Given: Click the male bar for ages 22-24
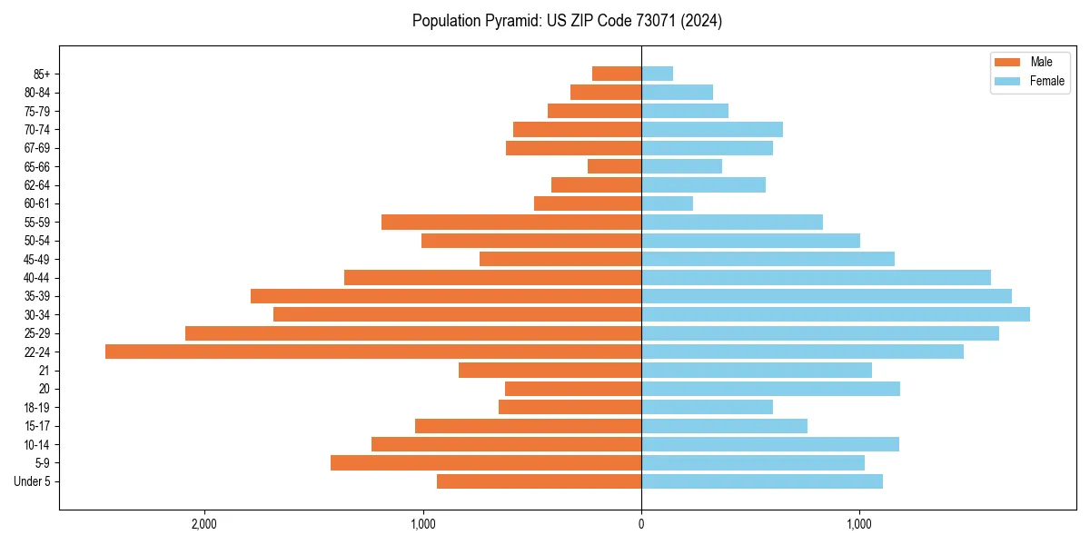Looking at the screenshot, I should [373, 352].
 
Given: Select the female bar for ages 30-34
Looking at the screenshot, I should [836, 314].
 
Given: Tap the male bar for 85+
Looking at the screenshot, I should [617, 74].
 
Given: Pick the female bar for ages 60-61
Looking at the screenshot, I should [668, 203].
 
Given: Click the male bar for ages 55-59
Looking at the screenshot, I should [511, 222].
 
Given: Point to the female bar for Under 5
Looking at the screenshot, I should [762, 481].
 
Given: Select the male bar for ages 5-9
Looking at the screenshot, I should [486, 462].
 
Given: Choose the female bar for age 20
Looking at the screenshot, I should [771, 389].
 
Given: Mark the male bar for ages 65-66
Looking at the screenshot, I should [614, 166].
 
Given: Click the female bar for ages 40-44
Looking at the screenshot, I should [817, 277].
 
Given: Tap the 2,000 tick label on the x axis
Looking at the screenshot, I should [203, 524].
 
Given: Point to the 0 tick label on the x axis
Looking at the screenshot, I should [641, 524].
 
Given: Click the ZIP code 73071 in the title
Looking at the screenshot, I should [639, 21].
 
